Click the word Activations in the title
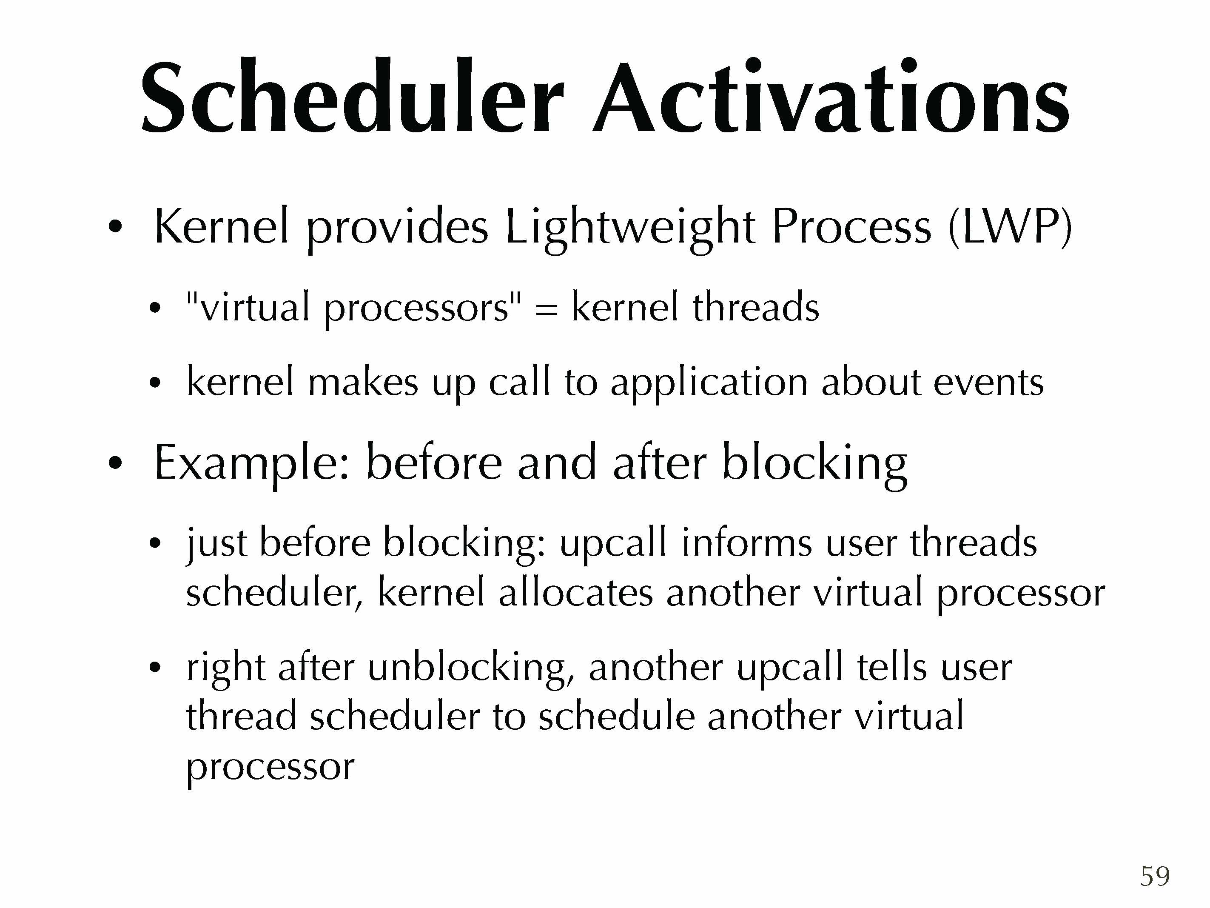coord(831,96)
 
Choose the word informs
coord(747,543)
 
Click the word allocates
coord(575,592)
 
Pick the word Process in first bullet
coord(851,227)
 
